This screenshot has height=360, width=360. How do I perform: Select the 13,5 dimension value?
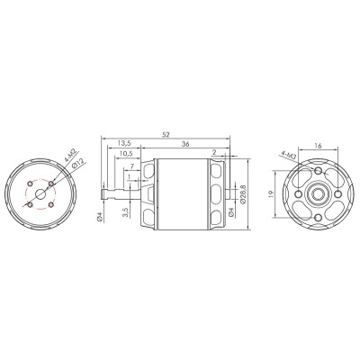coord(126,143)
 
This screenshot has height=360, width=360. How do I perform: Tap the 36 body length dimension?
coord(184,143)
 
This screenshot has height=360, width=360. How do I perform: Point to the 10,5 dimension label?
coord(128,154)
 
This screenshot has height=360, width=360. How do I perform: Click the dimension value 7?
coord(132,166)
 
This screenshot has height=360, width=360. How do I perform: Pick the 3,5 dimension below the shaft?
coord(126,216)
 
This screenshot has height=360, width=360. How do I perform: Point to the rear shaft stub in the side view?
coord(236,193)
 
